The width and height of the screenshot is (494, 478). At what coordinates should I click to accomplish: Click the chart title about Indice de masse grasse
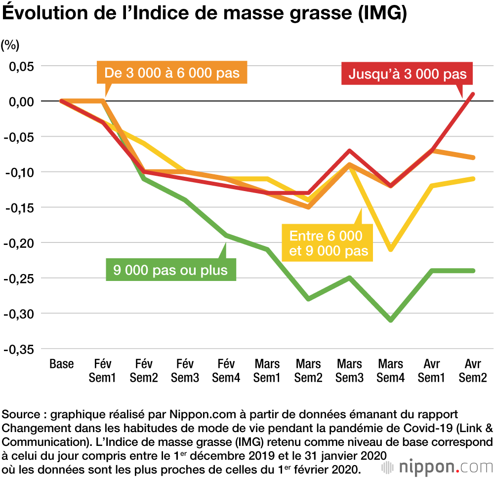205,14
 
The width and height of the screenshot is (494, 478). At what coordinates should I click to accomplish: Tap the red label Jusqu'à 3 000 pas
408,75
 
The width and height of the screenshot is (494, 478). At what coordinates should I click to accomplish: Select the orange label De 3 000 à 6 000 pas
172,73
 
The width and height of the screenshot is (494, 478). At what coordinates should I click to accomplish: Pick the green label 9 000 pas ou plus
170,270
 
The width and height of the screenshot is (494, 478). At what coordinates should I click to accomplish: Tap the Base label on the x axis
62,364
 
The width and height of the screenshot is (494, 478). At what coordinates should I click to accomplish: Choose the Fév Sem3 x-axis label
185,371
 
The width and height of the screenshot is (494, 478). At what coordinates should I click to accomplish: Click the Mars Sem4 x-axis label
391,371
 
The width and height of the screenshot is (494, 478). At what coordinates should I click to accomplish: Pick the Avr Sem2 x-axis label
473,371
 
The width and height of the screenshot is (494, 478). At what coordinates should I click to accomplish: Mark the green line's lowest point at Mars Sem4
391,320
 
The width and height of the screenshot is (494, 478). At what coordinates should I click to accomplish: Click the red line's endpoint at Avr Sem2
473,94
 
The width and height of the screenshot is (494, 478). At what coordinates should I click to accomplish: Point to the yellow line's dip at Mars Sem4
391,250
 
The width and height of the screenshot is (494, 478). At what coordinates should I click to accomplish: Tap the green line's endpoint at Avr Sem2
473,271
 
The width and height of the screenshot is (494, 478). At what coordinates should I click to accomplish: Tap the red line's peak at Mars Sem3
350,151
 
